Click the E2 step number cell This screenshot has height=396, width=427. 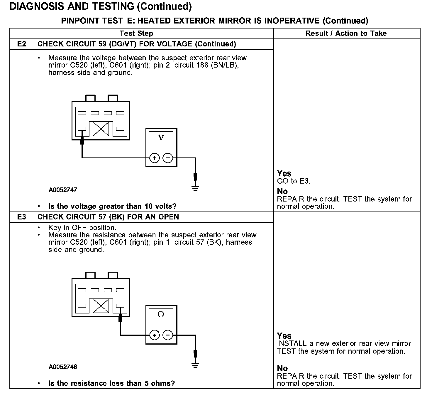(22, 44)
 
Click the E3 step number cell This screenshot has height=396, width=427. (22, 217)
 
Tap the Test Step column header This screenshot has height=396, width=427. (136, 33)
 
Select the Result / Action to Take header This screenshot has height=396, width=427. (346, 33)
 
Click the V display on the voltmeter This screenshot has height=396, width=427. (161, 137)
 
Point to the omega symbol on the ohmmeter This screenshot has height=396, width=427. (161, 315)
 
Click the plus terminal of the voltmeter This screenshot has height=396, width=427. (154, 158)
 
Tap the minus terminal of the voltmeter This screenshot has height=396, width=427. (168, 158)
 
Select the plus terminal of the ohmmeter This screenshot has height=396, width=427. (154, 335)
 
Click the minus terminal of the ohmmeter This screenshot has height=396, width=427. (168, 335)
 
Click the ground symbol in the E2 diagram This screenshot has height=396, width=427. (195, 188)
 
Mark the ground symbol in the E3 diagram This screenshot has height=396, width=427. (195, 365)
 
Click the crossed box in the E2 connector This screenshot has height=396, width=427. (101, 129)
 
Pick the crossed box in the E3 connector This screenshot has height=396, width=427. (101, 306)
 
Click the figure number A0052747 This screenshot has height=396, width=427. (63, 190)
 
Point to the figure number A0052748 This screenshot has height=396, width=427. (63, 367)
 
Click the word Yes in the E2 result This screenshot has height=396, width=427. (284, 174)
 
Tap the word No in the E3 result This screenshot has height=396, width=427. (282, 368)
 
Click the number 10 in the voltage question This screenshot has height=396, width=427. (149, 207)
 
